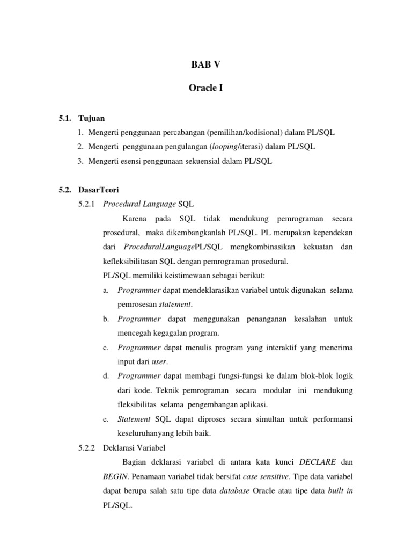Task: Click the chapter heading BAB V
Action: pyautogui.click(x=206, y=64)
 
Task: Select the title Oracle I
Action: pyautogui.click(x=206, y=88)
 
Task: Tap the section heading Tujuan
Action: pyautogui.click(x=92, y=118)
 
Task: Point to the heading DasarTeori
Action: pyautogui.click(x=98, y=190)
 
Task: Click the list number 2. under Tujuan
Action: pyautogui.click(x=80, y=147)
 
